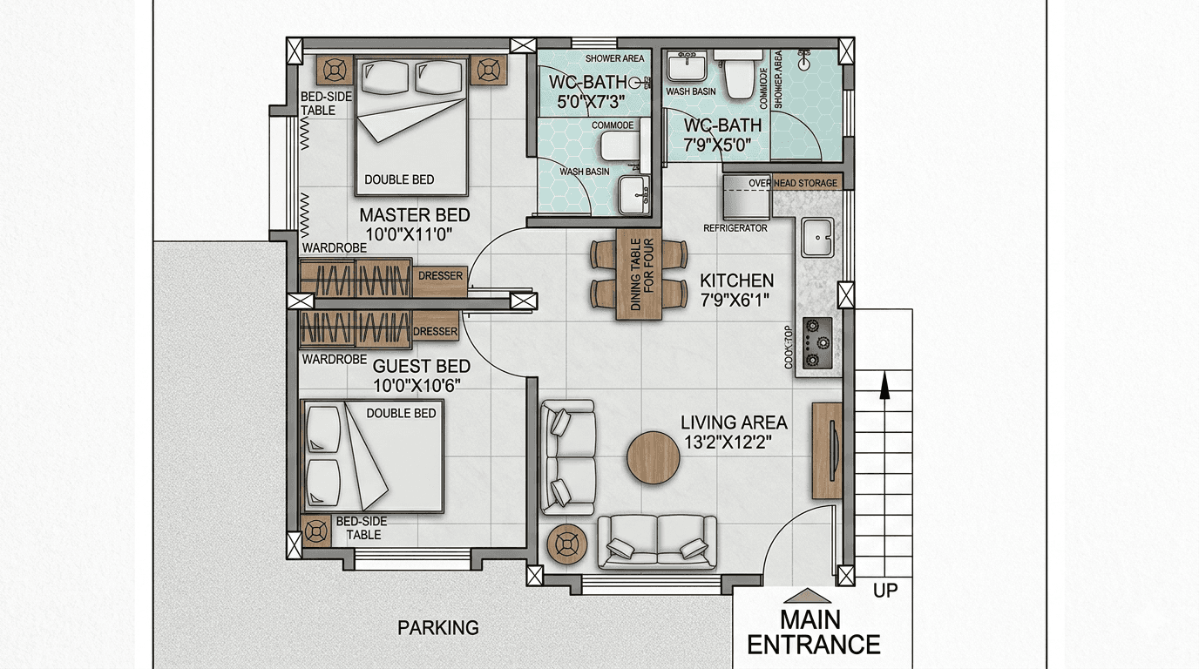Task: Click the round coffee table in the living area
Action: click(653, 457)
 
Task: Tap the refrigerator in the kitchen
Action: click(747, 196)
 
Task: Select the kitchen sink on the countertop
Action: click(816, 238)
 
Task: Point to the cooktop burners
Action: click(817, 342)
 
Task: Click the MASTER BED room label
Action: click(415, 215)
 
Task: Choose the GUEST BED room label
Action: click(422, 367)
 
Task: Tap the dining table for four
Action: click(639, 274)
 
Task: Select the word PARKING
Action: click(437, 628)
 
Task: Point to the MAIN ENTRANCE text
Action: click(814, 632)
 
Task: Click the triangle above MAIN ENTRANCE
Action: click(807, 596)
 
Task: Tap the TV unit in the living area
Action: click(827, 450)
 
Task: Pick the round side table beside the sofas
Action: click(567, 544)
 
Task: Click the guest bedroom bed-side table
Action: click(316, 530)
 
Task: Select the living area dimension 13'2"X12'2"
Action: click(729, 443)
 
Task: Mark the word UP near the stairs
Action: click(885, 591)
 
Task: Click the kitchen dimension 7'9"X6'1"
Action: click(735, 301)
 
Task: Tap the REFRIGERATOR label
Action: click(735, 228)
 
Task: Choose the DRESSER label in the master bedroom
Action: click(440, 276)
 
